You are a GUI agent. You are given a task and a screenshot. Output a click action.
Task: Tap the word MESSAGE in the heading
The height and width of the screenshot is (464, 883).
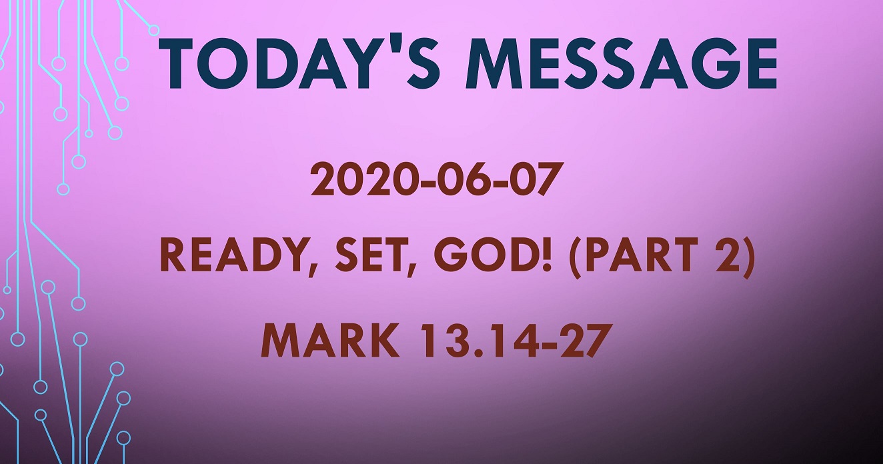coord(622,64)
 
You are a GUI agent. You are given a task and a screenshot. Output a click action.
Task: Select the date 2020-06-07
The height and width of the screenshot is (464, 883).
coord(434,179)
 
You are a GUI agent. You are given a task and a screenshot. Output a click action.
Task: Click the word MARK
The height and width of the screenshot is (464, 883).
coord(330,340)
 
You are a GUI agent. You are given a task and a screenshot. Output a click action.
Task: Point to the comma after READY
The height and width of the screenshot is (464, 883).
coord(310,269)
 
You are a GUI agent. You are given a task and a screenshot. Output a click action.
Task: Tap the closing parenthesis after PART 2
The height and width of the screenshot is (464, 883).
coord(748,257)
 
